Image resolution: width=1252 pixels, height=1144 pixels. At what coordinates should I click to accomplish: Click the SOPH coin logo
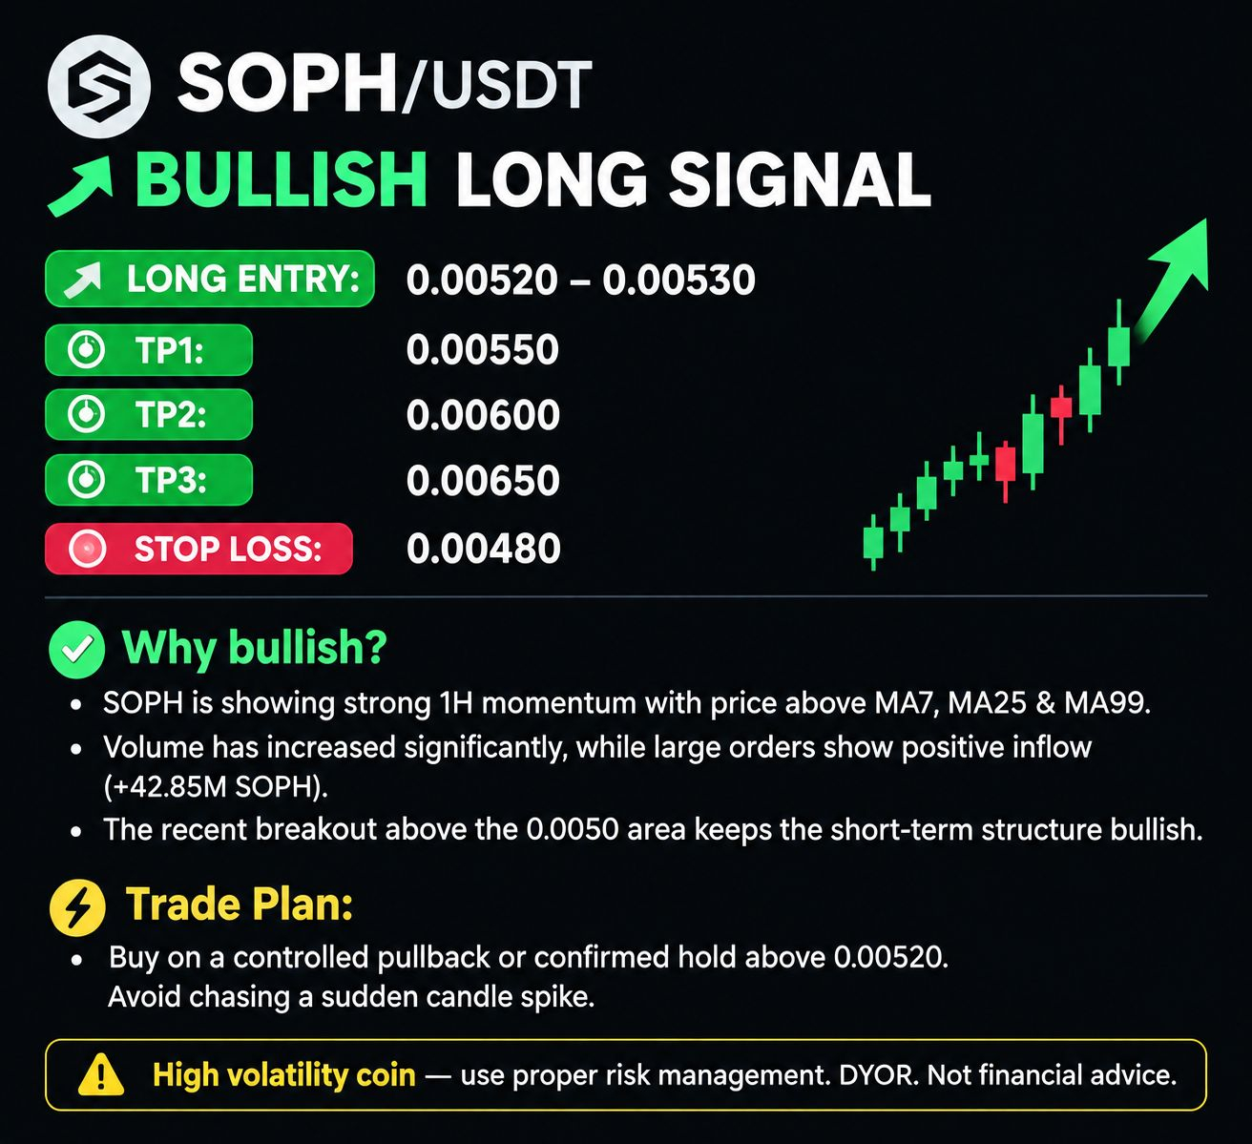click(x=98, y=86)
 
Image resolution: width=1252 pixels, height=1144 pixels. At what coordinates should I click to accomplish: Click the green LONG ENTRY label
click(x=210, y=279)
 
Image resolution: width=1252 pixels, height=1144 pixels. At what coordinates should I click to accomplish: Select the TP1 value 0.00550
click(x=483, y=349)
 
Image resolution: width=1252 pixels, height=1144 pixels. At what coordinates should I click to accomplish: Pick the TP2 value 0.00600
click(x=483, y=414)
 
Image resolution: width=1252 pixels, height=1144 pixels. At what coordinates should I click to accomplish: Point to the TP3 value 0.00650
click(x=483, y=480)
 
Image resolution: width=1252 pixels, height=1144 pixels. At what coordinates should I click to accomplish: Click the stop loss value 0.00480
click(x=484, y=549)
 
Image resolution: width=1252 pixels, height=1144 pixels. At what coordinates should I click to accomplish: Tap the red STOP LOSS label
click(x=199, y=549)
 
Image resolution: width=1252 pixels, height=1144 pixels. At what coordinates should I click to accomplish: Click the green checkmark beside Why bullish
click(x=76, y=650)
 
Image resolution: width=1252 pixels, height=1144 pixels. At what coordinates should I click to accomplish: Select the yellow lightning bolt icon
click(x=77, y=908)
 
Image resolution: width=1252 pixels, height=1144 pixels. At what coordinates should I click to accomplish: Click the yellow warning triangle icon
click(x=101, y=1074)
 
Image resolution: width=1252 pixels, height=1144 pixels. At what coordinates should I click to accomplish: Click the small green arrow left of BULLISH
click(x=81, y=186)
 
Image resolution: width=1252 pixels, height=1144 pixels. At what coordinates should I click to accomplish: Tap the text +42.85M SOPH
click(x=216, y=786)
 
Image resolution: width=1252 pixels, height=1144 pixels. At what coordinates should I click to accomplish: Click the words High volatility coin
click(x=284, y=1074)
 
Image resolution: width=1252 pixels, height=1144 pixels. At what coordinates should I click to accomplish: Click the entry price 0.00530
click(x=679, y=280)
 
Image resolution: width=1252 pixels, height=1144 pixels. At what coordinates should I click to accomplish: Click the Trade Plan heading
click(x=240, y=905)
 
